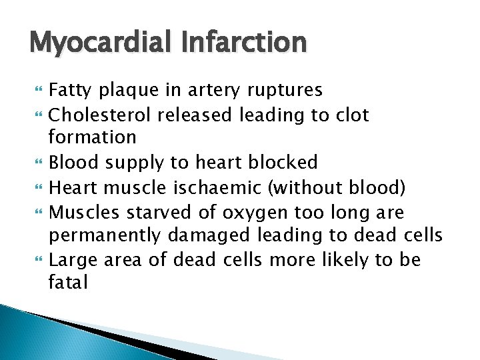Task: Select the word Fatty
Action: click(x=71, y=90)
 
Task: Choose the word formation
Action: click(x=93, y=138)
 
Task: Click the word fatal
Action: click(x=68, y=282)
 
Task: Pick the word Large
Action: click(x=74, y=260)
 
